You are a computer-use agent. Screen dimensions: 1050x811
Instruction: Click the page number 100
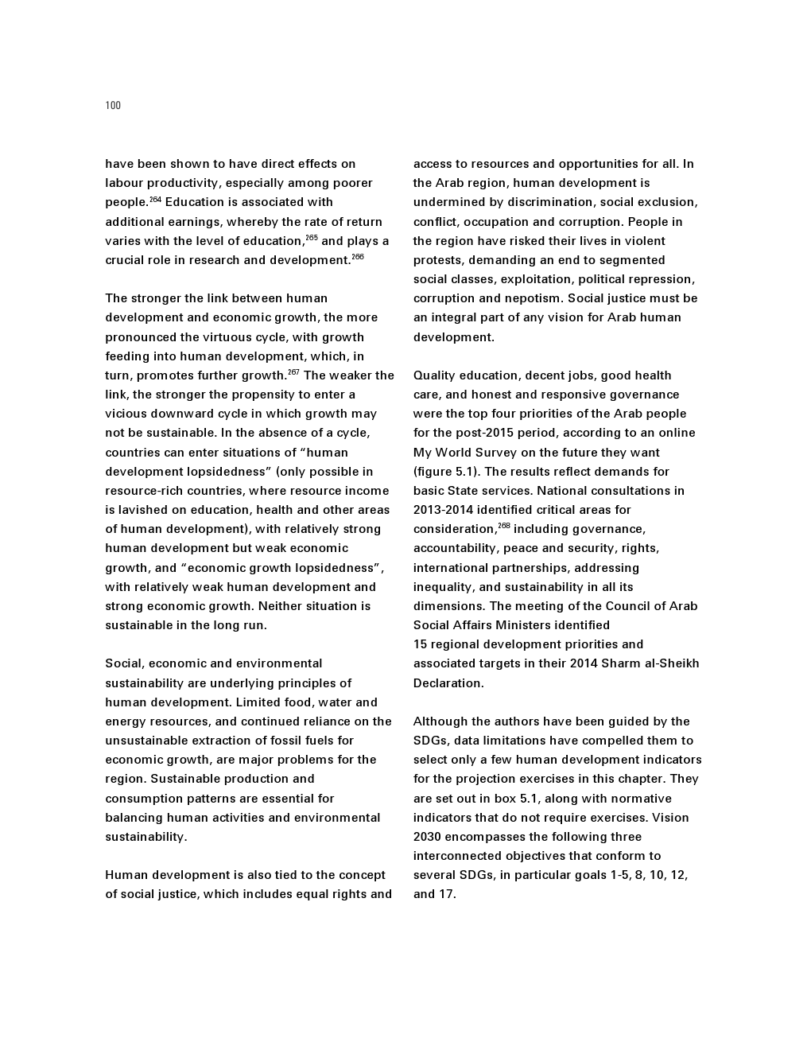113,106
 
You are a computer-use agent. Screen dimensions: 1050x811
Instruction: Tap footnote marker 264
156,200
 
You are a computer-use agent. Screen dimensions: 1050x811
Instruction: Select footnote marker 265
312,238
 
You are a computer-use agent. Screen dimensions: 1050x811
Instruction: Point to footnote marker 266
358,257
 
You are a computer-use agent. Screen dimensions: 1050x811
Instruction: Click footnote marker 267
293,372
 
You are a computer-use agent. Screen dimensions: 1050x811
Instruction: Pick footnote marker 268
504,526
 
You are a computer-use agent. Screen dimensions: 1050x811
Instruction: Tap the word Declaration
448,683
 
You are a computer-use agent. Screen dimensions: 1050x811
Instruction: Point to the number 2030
427,837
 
